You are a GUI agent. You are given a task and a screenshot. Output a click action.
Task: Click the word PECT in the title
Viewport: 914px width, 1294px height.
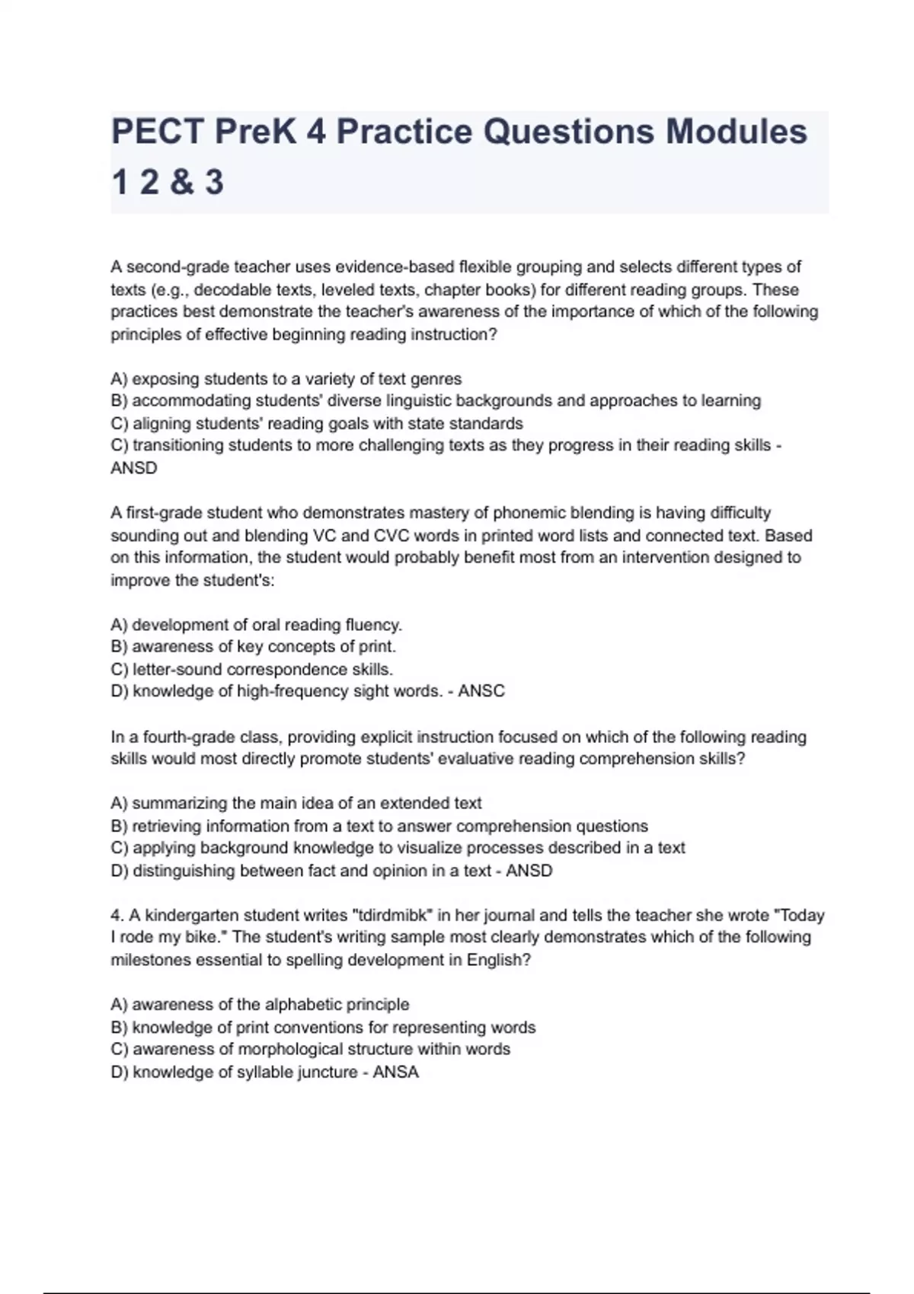coord(157,132)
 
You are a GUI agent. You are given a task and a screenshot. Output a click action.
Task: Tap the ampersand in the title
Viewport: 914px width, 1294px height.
coord(181,183)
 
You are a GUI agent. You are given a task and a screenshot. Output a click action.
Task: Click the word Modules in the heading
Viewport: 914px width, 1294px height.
coord(737,132)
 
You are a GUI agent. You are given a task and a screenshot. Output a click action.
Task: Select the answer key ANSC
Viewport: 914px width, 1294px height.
coord(481,691)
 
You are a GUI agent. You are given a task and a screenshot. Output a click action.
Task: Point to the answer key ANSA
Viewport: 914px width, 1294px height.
coord(395,1072)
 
